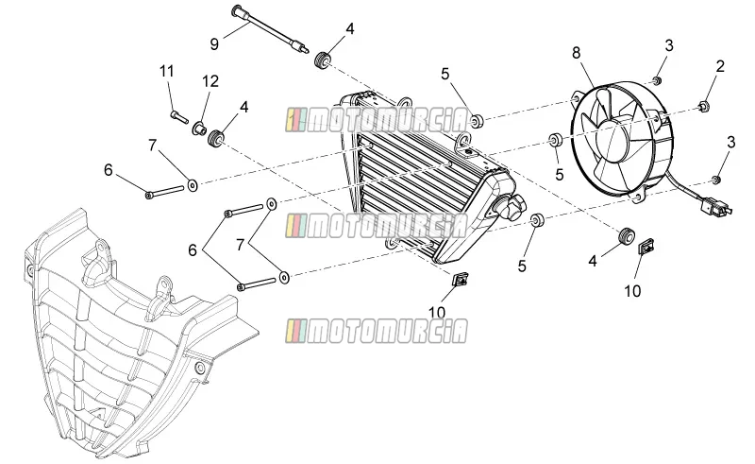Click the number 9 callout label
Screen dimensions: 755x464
pyautogui.click(x=214, y=43)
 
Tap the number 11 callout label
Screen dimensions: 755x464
pyautogui.click(x=167, y=72)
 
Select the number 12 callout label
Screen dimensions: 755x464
pyautogui.click(x=210, y=81)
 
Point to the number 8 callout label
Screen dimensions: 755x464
pyautogui.click(x=577, y=53)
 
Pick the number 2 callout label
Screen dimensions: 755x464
pyautogui.click(x=720, y=66)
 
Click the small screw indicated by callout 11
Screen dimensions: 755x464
pyautogui.click(x=179, y=117)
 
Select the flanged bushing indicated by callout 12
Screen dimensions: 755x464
pyautogui.click(x=199, y=129)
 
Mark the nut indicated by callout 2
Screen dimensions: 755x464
pyautogui.click(x=703, y=106)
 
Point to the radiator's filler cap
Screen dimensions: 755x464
pyautogui.click(x=512, y=207)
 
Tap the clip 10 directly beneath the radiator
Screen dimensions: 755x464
pyautogui.click(x=461, y=279)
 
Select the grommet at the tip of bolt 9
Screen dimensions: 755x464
pyautogui.click(x=321, y=60)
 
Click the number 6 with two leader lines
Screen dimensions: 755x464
pyautogui.click(x=193, y=249)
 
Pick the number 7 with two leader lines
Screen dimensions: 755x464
pyautogui.click(x=241, y=245)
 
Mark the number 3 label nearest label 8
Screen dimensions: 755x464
pyautogui.click(x=669, y=45)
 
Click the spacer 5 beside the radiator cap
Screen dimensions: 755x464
pyautogui.click(x=536, y=220)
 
